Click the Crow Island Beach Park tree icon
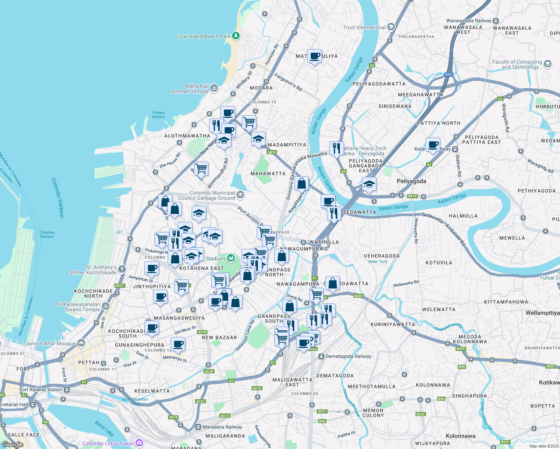pos(235,36)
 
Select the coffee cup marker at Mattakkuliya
pos(314,56)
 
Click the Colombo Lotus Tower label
pos(108,443)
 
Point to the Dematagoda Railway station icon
pos(321,357)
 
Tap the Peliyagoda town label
pos(411,181)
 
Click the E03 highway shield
pos(448,74)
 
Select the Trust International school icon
pos(391,27)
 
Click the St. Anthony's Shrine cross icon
pos(122,269)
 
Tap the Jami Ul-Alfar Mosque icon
pos(81,343)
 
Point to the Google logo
pos(13,444)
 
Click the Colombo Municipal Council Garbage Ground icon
pos(240,195)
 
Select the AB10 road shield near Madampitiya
pos(271,152)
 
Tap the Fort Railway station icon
pos(67,390)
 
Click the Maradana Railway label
pos(222,427)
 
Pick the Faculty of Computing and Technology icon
pos(548,64)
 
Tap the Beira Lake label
pos(104,428)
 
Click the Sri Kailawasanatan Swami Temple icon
pos(106,306)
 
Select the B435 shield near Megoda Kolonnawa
pos(460,349)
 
